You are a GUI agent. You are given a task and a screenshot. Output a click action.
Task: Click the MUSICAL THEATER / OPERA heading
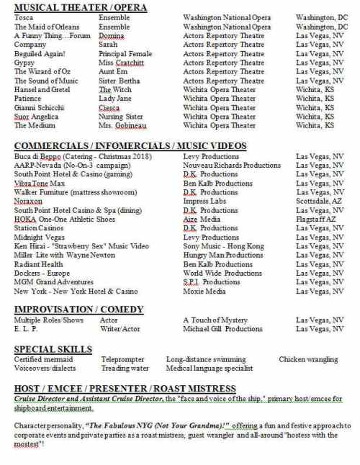tap(81, 7)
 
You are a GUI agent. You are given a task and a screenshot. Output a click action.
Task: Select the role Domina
tap(112, 35)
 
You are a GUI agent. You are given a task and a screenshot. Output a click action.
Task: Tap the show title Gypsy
tap(24, 63)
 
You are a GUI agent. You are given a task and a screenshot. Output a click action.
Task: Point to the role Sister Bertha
tap(119, 81)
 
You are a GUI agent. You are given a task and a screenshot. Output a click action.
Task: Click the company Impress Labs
tap(208, 202)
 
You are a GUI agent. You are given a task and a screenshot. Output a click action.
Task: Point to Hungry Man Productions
tap(222, 255)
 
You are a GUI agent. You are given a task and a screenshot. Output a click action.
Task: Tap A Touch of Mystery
tap(215, 320)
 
